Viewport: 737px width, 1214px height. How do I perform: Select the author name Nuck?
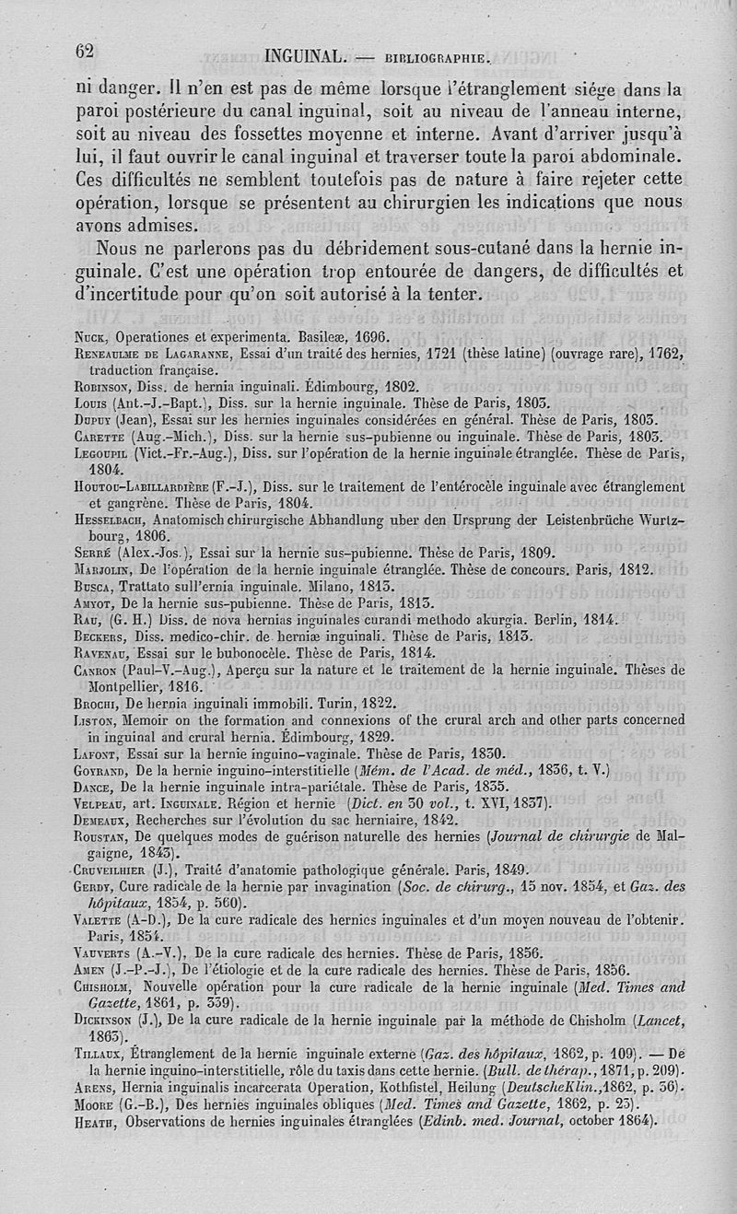pos(93,336)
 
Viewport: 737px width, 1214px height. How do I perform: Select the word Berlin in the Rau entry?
pos(548,620)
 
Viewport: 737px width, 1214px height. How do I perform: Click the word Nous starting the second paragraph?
pos(119,249)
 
